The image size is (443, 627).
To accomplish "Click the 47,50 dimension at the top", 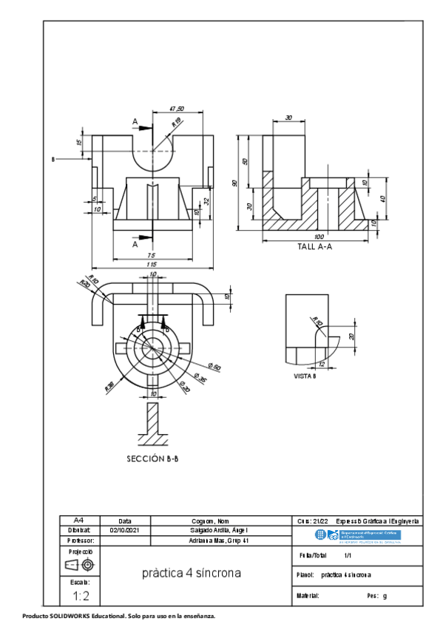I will coord(177,109).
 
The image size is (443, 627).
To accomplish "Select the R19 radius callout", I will coord(177,123).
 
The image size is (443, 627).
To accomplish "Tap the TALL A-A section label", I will coord(314,247).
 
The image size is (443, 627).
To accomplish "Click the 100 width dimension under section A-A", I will coord(318,237).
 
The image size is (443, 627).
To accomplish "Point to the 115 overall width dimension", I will coord(151,264).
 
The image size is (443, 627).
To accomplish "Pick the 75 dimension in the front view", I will coord(151,254).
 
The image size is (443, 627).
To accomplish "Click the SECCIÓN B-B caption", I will coord(152,458).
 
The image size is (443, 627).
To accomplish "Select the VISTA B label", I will coord(304,376).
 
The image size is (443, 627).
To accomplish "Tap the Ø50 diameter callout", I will coord(215,366).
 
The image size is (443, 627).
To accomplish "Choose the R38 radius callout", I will coord(109,385).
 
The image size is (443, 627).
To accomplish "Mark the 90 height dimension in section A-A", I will coord(235,183).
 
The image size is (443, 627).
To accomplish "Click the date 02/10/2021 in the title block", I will coord(125,530).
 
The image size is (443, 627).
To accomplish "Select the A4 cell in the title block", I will coord(79,521).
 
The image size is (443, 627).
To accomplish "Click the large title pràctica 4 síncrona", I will coord(191,573).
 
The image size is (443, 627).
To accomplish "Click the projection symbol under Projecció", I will coord(80,565).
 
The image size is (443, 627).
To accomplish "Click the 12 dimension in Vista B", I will coord(321,364).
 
